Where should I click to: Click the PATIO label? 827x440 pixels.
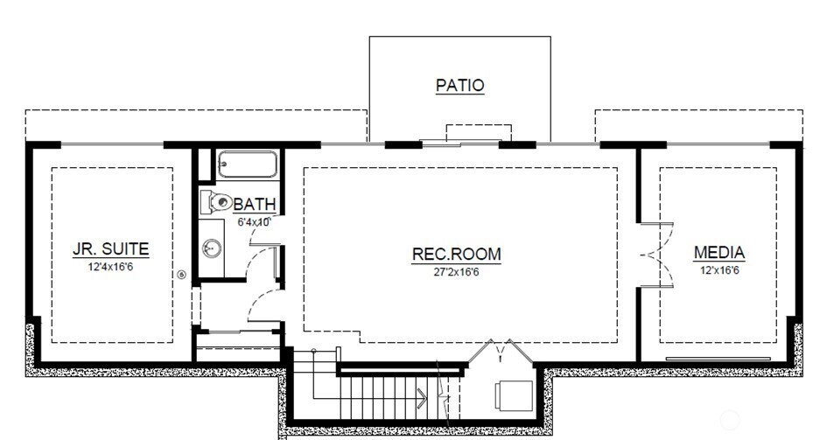click(460, 85)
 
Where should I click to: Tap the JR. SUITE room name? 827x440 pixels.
click(111, 248)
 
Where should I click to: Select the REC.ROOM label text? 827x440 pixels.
click(456, 254)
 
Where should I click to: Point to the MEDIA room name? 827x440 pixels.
click(719, 253)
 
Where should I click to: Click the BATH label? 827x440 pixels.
click(255, 204)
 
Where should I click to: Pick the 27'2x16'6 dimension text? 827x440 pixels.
click(456, 272)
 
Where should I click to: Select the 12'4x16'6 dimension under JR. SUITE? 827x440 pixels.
click(111, 267)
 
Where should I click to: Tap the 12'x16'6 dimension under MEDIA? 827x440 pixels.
click(719, 270)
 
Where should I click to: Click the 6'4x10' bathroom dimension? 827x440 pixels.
click(254, 222)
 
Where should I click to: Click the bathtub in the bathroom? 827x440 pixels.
click(248, 164)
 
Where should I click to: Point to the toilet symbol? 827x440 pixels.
click(216, 202)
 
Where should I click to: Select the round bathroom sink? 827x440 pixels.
click(212, 248)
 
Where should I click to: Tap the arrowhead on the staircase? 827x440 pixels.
click(422, 398)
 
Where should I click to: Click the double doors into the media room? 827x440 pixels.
click(656, 255)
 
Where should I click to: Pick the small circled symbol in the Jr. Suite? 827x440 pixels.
click(181, 275)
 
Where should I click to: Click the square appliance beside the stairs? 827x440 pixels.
click(514, 395)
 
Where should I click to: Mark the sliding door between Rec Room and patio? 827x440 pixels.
click(460, 143)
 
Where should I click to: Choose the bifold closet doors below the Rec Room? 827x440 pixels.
click(501, 351)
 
